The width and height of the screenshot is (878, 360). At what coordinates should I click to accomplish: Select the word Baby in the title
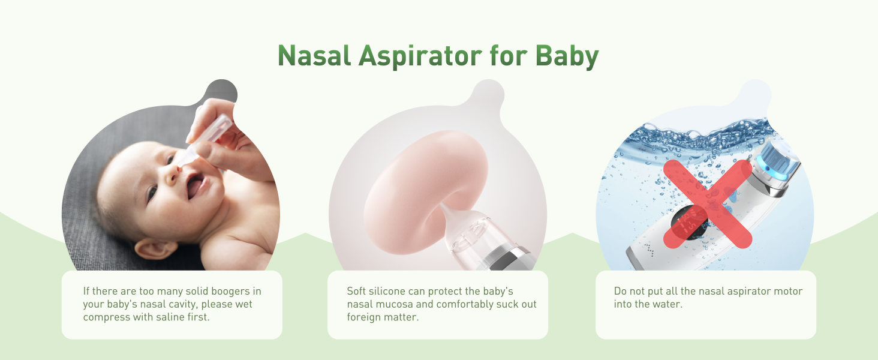click(567, 56)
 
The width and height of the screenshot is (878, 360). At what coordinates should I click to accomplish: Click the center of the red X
click(708, 203)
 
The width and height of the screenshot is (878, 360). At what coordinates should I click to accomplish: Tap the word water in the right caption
click(667, 304)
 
